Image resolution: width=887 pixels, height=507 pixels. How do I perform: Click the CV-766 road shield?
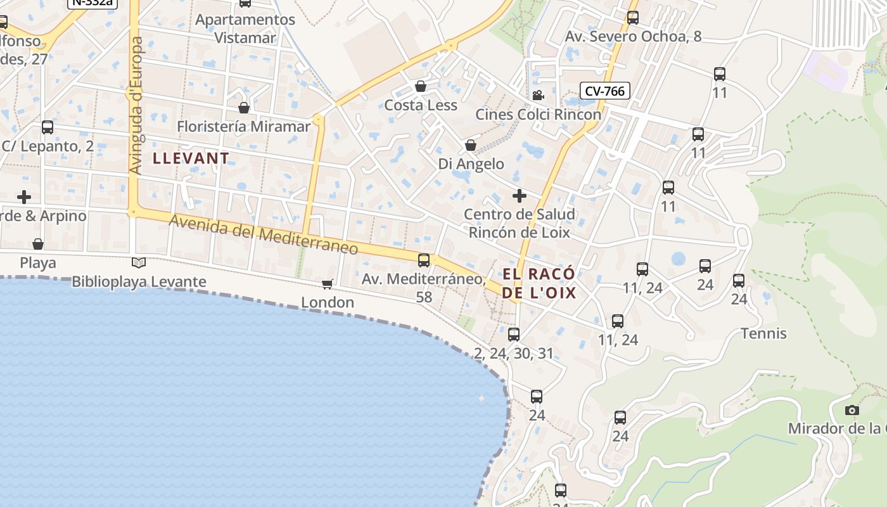point(604,91)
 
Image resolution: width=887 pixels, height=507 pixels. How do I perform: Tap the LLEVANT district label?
point(191,158)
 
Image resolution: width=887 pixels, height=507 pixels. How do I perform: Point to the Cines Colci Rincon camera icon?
point(538,96)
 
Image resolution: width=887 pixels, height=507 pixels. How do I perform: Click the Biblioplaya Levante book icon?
point(139,262)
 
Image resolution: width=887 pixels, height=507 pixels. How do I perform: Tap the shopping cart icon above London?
point(328,284)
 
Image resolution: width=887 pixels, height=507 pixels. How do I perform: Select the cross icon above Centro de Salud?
point(519,195)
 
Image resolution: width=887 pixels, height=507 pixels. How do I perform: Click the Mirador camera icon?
point(852,410)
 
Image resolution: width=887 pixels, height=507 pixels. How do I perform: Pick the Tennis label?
point(763,333)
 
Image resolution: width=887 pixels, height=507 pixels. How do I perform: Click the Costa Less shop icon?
point(421,86)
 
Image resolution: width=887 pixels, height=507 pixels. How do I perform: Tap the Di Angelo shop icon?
point(471,145)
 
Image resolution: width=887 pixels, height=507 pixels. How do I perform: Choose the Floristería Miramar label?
point(243,126)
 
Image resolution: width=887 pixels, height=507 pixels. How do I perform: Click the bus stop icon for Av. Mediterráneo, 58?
point(424,260)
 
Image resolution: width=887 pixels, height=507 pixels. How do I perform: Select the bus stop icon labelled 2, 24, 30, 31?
point(514,334)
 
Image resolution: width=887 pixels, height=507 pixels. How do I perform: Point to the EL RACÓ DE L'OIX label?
point(539,283)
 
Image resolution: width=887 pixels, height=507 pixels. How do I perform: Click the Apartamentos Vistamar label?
point(245,29)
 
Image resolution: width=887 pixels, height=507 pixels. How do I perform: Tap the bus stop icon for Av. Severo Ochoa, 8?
point(632,18)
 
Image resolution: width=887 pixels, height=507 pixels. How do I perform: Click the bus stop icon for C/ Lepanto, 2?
point(48,127)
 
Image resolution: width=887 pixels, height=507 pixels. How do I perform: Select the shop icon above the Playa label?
point(38,244)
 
